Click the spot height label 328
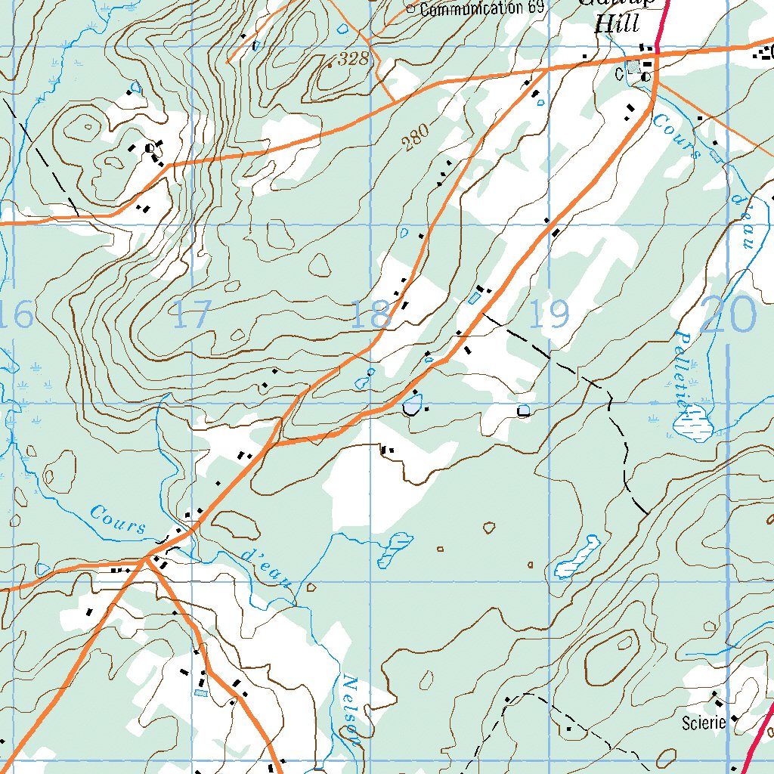coord(352,60)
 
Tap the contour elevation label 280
coord(415,138)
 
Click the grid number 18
coord(370,314)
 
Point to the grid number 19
coord(549,314)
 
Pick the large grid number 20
coord(727,314)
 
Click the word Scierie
coord(704,723)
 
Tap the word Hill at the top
coord(617,23)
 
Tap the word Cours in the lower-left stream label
coord(118,519)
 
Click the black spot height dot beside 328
coord(330,65)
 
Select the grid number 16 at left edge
coord(17,314)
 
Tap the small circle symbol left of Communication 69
coord(411,9)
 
